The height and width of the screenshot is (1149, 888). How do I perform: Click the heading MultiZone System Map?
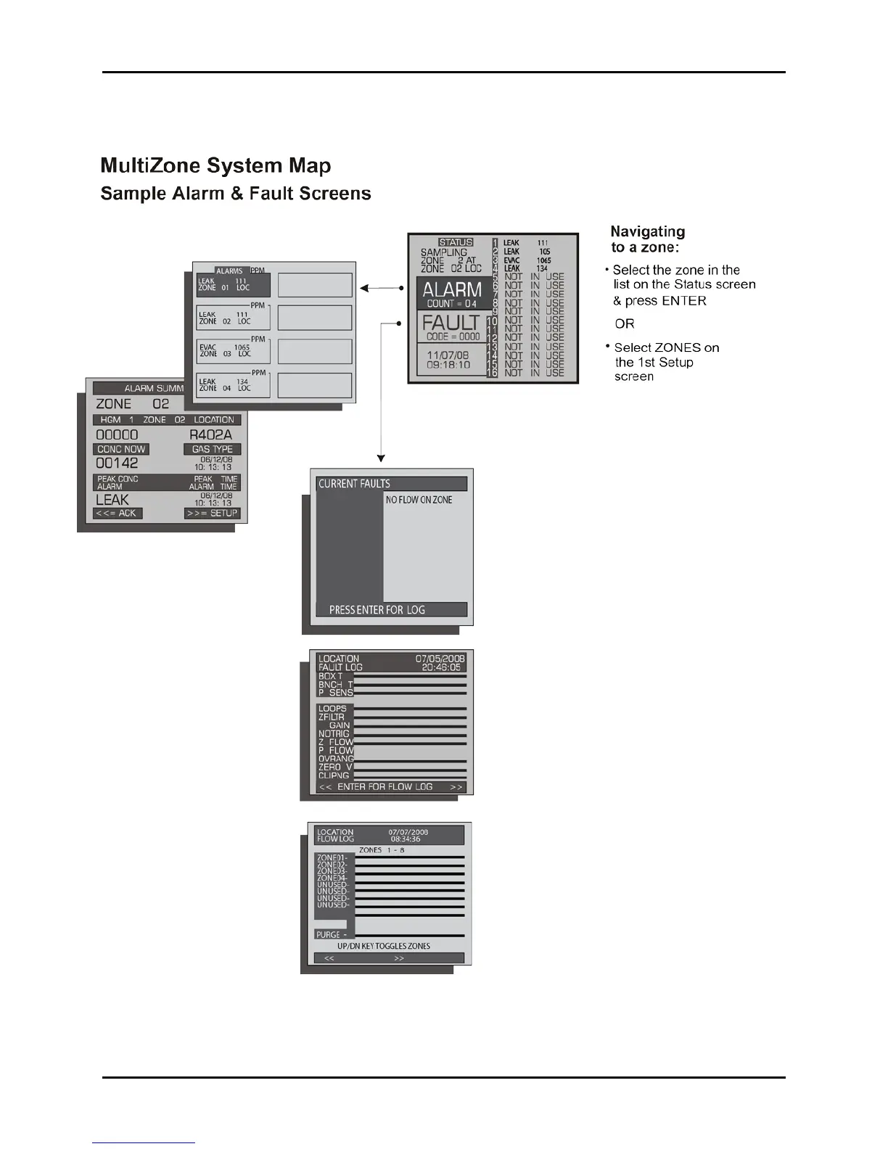click(215, 166)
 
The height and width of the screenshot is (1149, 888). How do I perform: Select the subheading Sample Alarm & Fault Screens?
click(236, 194)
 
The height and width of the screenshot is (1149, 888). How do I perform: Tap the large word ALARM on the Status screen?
click(452, 290)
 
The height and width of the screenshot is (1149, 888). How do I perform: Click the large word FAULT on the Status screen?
click(451, 323)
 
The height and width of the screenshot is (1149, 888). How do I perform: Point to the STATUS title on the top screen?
click(456, 242)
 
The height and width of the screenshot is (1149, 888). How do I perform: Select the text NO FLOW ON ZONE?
click(419, 500)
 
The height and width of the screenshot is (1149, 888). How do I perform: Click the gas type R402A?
click(210, 435)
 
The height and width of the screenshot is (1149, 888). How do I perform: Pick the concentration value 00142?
click(117, 464)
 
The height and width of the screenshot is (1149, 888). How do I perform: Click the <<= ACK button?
click(116, 514)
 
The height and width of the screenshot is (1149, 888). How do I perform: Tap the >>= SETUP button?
click(212, 514)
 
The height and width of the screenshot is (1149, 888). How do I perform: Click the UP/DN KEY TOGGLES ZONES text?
click(383, 946)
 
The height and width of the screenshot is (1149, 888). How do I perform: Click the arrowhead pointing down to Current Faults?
click(381, 458)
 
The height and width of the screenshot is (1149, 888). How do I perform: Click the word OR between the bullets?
click(625, 324)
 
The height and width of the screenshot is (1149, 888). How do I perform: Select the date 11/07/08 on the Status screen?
click(448, 355)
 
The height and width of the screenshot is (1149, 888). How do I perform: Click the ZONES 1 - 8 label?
click(382, 849)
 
